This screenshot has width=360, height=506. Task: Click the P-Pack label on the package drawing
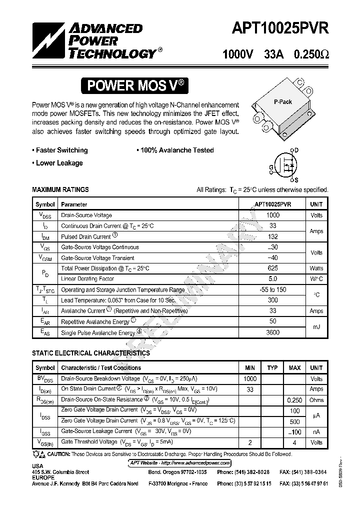(282, 101)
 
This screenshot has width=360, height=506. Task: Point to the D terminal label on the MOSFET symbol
(296, 150)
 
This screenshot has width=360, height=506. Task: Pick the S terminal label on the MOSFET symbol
(296, 180)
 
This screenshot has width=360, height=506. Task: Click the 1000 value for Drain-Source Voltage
(272, 215)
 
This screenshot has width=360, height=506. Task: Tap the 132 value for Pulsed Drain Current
(272, 236)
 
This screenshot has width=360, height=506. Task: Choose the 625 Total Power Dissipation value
(272, 268)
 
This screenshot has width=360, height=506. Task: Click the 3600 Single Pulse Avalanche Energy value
(272, 332)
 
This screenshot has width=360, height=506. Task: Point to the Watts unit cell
(316, 268)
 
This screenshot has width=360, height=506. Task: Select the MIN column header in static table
(250, 368)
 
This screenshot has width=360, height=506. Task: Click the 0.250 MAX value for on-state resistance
(294, 400)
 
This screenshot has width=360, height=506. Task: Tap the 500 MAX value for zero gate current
(294, 421)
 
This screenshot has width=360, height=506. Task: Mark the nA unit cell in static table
(316, 431)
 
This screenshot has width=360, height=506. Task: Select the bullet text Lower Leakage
(59, 163)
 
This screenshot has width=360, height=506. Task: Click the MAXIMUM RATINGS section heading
(60, 189)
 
